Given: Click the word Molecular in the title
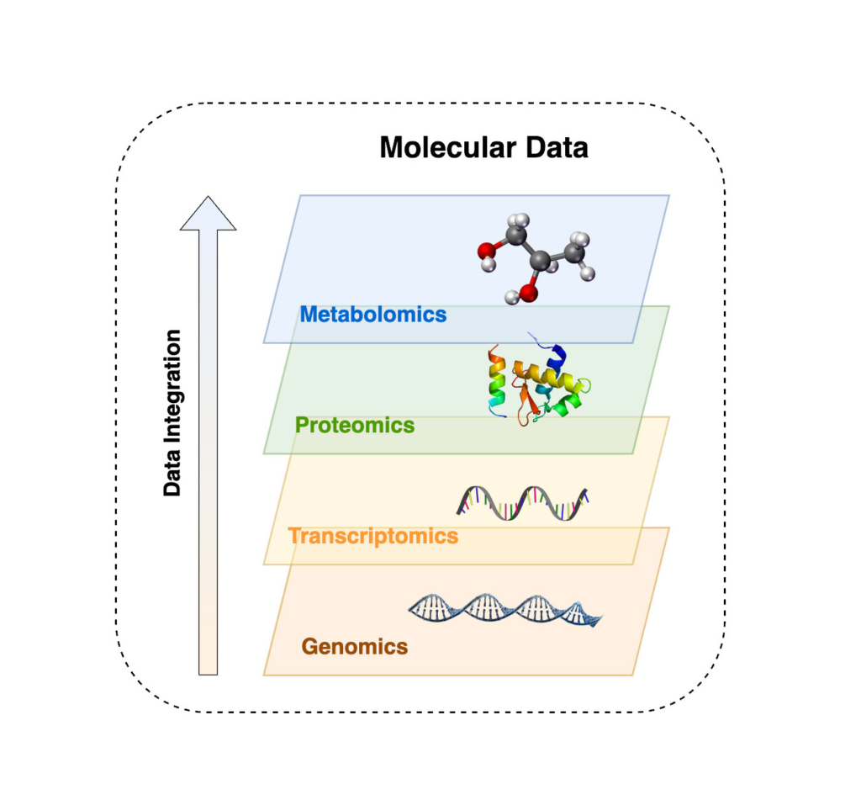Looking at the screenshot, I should (440, 148).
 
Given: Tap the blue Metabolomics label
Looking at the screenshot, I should (372, 315).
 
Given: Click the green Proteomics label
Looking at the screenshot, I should (355, 425).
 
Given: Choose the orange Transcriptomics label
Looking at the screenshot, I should (372, 536).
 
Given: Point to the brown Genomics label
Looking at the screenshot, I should (354, 647).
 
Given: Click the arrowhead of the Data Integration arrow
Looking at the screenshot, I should (208, 214).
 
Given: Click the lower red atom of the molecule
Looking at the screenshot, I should (528, 292).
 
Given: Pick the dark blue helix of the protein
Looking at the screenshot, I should (555, 353).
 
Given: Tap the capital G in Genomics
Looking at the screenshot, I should (309, 647).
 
